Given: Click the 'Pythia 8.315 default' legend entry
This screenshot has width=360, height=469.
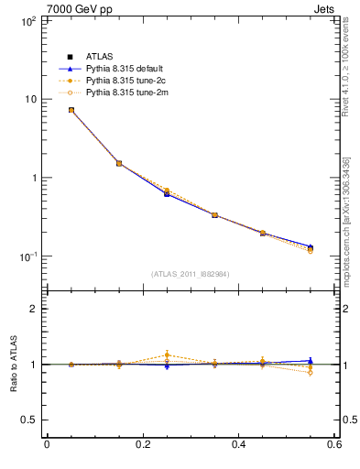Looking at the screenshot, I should [127, 69].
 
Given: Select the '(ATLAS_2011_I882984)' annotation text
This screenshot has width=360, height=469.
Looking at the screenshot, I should [191, 274].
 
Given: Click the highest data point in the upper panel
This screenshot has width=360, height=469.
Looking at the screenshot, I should [71, 110].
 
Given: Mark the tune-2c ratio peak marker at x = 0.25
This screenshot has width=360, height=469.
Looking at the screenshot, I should [167, 354].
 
